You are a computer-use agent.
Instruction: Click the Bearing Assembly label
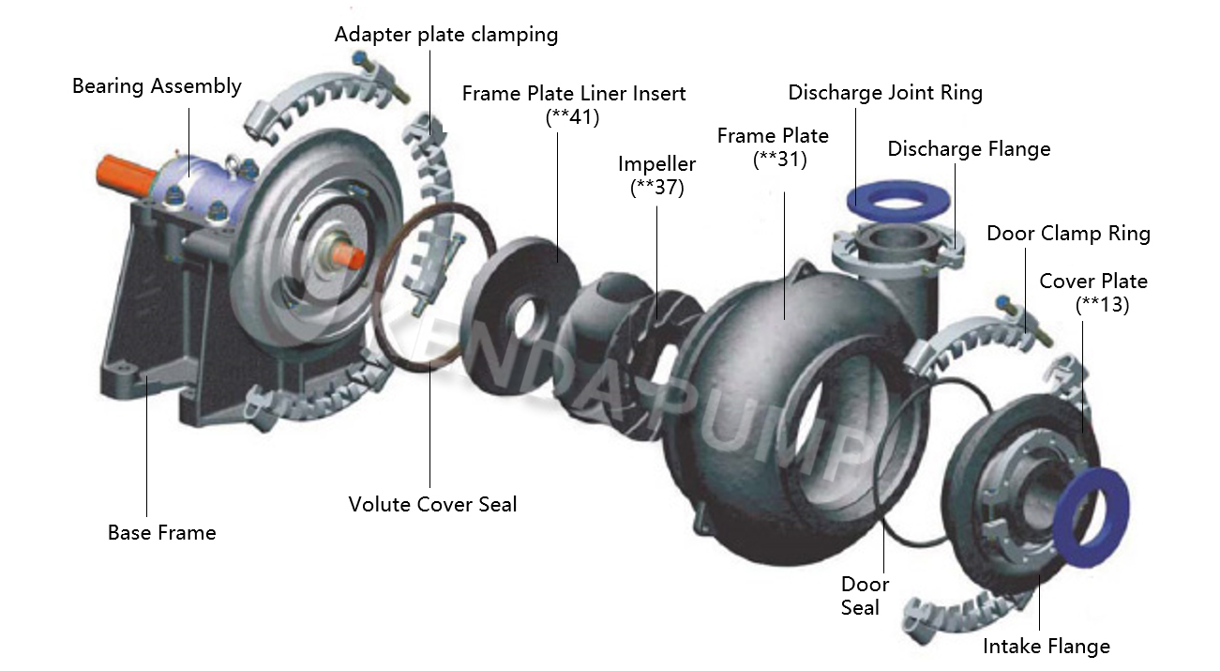[x=157, y=86]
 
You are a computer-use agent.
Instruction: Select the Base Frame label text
[x=161, y=533]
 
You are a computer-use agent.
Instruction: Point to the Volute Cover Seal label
[x=432, y=505]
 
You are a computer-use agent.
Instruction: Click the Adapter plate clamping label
[x=446, y=35]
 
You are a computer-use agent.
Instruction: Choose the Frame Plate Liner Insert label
[x=574, y=94]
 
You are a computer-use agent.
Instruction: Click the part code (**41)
[x=572, y=117]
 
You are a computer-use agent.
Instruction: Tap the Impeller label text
[x=656, y=164]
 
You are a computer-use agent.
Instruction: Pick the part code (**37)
[x=656, y=187]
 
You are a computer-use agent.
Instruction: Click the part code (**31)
[x=779, y=159]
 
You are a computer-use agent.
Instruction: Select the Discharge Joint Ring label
[x=885, y=93]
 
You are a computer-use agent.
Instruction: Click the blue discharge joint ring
[x=900, y=198]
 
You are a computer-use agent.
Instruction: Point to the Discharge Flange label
[x=969, y=149]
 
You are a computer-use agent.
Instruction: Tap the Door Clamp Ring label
[x=1068, y=234]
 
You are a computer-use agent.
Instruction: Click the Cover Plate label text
[x=1093, y=282]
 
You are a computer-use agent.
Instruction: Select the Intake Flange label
[x=1046, y=647]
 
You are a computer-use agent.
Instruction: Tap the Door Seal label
[x=864, y=596]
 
